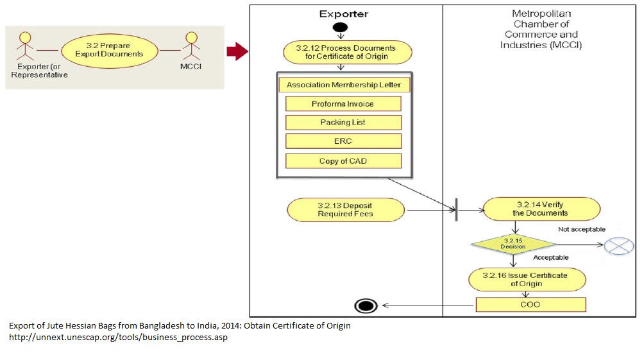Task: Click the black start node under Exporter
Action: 340,28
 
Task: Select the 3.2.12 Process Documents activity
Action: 348,52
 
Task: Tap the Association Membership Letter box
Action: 344,85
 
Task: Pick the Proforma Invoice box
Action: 343,104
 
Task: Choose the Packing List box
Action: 343,123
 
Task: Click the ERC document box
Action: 343,141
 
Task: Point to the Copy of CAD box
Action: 343,161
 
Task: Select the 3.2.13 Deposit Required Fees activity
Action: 346,210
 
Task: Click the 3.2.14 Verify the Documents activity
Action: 541,209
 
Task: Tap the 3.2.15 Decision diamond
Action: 513,244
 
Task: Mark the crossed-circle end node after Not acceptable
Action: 619,245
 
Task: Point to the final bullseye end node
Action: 366,305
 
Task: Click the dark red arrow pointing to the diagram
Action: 237,51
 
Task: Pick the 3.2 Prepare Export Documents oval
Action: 110,50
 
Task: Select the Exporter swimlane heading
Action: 344,14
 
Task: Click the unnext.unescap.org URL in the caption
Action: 118,338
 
